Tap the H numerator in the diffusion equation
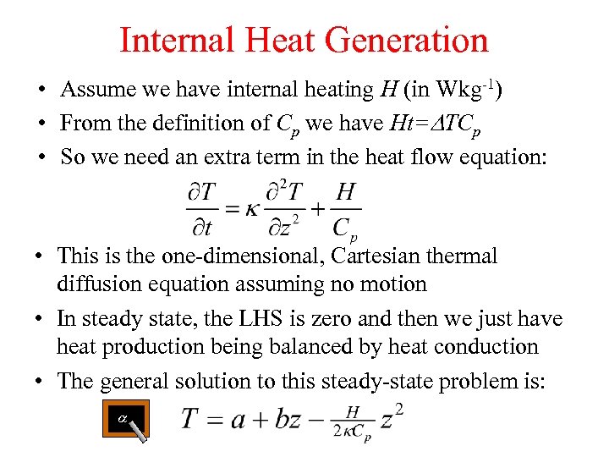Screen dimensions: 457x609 point(345,191)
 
